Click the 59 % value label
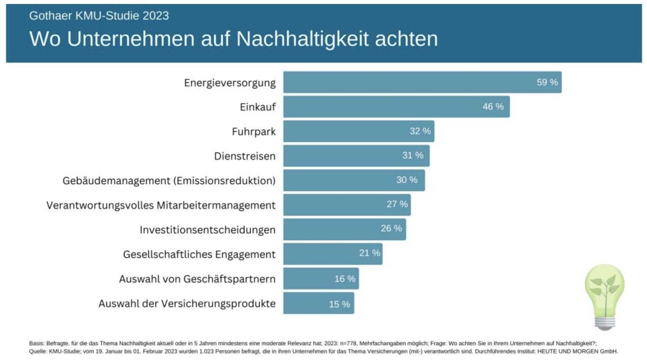[x=547, y=82]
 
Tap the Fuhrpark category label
[x=254, y=131]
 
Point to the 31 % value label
[x=413, y=155]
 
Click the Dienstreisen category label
[x=245, y=156]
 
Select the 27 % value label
[x=397, y=204]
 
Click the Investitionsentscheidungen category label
[x=208, y=230]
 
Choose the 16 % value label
[x=345, y=279]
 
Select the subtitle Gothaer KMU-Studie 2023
[x=99, y=16]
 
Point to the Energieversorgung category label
[x=230, y=83]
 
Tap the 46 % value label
[x=493, y=106]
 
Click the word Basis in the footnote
[x=36, y=343]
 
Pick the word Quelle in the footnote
[x=37, y=351]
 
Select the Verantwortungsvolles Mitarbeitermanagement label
[x=161, y=205]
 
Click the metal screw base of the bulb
[x=604, y=322]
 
